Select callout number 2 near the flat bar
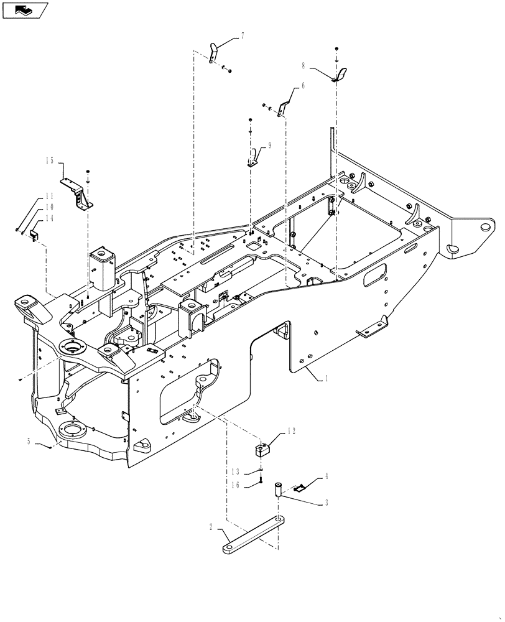pos(211,527)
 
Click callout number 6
pos(303,88)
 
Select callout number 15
pos(49,160)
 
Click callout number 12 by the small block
pos(291,431)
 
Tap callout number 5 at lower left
pos(29,441)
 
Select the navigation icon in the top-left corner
pos(25,10)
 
